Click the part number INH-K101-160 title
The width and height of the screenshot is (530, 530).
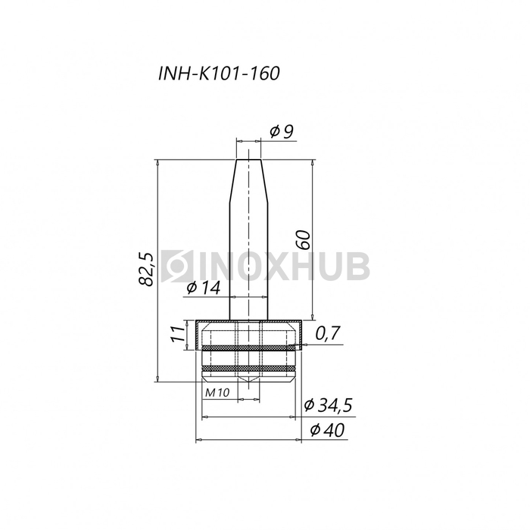219,73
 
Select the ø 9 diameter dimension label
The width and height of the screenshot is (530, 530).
282,132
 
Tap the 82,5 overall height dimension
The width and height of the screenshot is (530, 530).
147,269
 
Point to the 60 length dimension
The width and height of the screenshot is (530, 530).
304,240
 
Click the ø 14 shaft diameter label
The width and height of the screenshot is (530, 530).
203,288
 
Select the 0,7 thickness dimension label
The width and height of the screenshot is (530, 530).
327,333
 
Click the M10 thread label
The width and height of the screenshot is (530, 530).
217,392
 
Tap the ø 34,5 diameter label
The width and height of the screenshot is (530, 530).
328,405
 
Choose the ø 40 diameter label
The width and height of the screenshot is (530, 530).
327,430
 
